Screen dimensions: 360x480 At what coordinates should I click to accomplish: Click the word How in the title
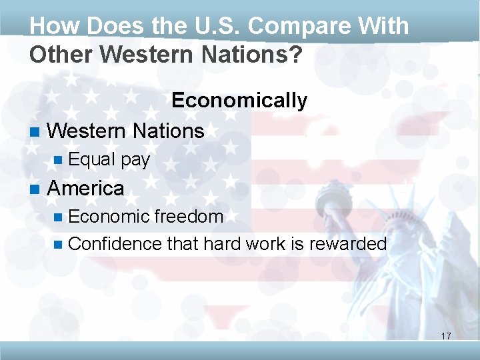(x=51, y=27)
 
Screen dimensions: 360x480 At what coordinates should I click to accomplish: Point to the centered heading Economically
(x=239, y=101)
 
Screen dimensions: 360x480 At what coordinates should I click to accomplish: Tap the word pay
(x=136, y=161)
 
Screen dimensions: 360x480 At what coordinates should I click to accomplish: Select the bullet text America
(x=85, y=189)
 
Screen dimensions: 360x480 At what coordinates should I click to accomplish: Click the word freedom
(x=189, y=217)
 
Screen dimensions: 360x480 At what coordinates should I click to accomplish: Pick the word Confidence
(x=115, y=244)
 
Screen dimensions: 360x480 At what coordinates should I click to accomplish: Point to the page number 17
(x=446, y=336)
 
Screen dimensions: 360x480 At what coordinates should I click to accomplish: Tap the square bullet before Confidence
(x=57, y=245)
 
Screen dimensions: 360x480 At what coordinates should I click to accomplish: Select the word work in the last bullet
(x=266, y=244)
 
